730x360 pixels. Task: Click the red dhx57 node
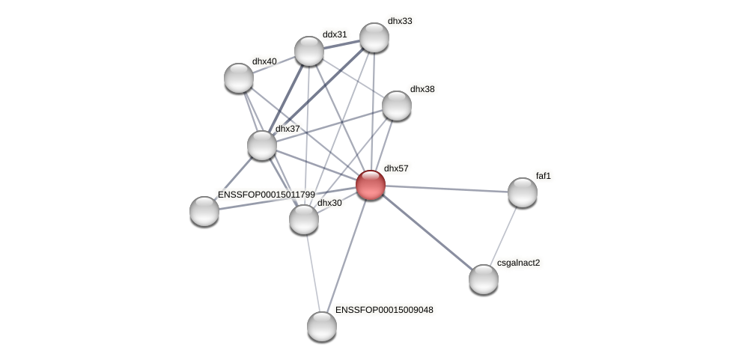(x=371, y=185)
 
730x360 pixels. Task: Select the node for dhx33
(x=374, y=37)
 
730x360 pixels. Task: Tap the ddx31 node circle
(x=308, y=51)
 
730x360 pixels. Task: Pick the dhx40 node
(x=239, y=78)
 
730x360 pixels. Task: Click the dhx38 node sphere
(x=397, y=106)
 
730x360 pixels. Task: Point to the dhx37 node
(x=262, y=145)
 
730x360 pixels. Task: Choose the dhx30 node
(x=304, y=219)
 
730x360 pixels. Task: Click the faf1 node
(x=523, y=192)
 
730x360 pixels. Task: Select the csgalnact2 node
(x=484, y=279)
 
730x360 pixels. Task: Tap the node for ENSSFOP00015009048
(x=322, y=326)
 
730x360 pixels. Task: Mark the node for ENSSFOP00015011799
(x=204, y=211)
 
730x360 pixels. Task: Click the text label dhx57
(x=396, y=168)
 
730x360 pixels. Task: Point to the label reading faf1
(x=544, y=176)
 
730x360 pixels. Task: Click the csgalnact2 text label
(x=518, y=263)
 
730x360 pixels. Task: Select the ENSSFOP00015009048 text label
(x=383, y=310)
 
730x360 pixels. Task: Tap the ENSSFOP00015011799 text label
(x=266, y=195)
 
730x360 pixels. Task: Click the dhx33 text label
(x=400, y=21)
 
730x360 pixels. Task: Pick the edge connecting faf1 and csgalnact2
(x=503, y=236)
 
